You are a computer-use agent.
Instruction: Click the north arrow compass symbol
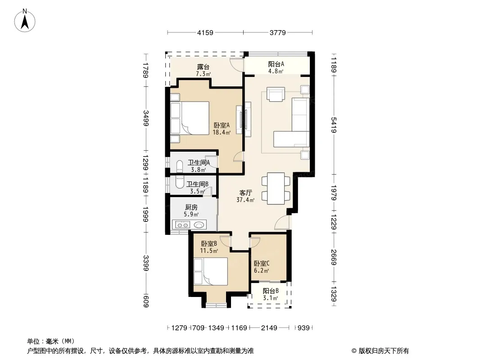(x=25, y=21)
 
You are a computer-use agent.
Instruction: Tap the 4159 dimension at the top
(x=205, y=33)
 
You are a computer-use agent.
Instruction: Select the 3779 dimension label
(x=278, y=33)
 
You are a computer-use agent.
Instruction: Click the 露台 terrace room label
(x=203, y=67)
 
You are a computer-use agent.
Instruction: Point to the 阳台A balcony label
(x=276, y=64)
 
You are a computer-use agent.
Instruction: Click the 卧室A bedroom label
(x=222, y=125)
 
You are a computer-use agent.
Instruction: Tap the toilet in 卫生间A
(x=180, y=166)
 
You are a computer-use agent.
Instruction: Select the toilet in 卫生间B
(x=180, y=181)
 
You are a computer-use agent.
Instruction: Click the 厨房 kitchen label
(x=191, y=207)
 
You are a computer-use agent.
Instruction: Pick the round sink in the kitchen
(x=199, y=225)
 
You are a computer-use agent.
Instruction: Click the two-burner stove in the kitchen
(x=182, y=225)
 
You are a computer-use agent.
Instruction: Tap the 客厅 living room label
(x=245, y=193)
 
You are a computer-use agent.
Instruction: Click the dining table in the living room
(x=276, y=188)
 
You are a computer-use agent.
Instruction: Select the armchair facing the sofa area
(x=276, y=94)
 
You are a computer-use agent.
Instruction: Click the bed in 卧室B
(x=211, y=271)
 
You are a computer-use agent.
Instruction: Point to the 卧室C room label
(x=262, y=263)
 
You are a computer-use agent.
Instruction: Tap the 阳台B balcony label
(x=271, y=291)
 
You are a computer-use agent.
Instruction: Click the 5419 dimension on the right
(x=334, y=125)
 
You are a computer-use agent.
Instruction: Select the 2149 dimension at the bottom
(x=269, y=328)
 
